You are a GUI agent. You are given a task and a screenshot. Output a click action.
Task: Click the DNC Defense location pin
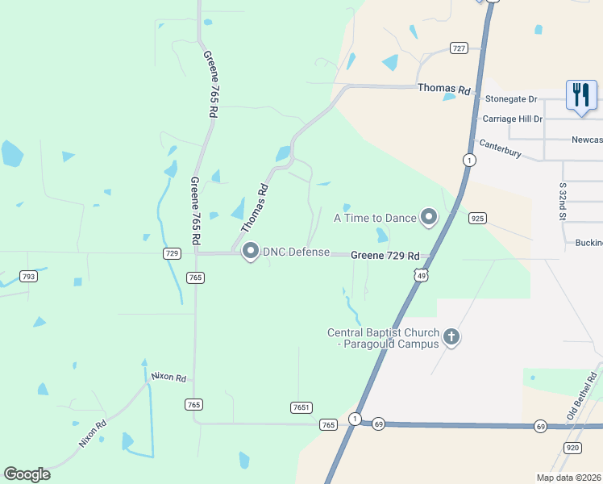(x=250, y=252)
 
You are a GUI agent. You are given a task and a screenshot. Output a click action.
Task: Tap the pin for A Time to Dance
(x=429, y=217)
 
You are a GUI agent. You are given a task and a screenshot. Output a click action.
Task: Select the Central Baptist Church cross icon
(x=451, y=337)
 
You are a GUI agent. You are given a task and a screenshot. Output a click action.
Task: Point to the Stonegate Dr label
(x=511, y=99)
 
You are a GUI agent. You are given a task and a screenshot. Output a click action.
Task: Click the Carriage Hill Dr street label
(x=512, y=119)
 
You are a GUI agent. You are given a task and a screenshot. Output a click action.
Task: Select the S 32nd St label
(x=563, y=202)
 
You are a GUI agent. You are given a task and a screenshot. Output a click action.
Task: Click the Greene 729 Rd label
(x=385, y=255)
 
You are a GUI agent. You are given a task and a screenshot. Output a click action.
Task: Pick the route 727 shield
(x=459, y=48)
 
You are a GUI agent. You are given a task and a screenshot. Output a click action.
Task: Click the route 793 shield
(x=28, y=277)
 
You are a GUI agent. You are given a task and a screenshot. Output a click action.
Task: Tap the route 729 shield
(x=171, y=253)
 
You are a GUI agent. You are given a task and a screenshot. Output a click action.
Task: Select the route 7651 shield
(x=301, y=408)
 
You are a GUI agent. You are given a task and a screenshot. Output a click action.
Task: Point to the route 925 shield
(x=477, y=219)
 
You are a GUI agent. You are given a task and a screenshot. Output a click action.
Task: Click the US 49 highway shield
(x=420, y=276)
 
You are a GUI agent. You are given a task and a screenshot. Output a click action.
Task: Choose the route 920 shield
(x=572, y=447)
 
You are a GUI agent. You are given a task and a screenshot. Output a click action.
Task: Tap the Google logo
(x=27, y=474)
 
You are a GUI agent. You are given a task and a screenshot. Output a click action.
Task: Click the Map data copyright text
(x=568, y=478)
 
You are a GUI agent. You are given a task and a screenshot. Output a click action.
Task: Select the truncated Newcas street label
(x=586, y=139)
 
